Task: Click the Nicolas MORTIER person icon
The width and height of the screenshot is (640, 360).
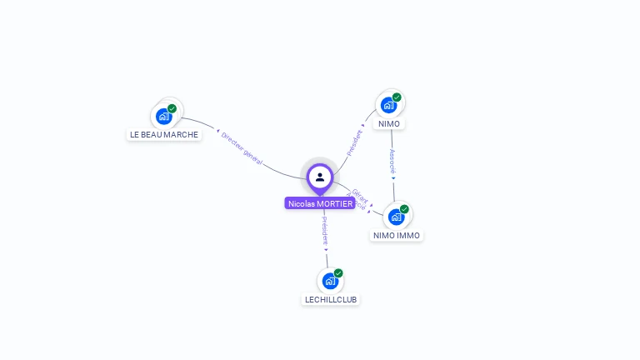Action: coord(320,177)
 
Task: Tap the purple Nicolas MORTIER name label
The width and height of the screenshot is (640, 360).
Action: coord(320,203)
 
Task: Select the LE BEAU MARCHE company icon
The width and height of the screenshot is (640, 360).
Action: coord(164,116)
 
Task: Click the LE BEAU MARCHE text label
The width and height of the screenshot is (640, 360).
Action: coord(164,134)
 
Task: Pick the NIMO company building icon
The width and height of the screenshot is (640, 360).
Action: coord(388,105)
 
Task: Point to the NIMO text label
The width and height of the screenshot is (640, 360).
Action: coord(389,124)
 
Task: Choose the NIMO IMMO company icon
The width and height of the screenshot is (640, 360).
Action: coord(396,217)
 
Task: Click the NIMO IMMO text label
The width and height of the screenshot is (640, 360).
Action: coord(397,235)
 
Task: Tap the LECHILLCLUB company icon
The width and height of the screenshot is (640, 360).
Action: coord(330,281)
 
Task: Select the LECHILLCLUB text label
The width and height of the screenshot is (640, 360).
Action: coord(331,299)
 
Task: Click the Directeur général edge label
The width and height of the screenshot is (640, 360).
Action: coord(242,148)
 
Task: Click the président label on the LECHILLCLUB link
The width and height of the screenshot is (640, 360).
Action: coord(325,231)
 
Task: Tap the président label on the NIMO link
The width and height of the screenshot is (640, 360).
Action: coord(355,141)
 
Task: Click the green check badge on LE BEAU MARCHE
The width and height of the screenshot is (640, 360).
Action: coord(172,108)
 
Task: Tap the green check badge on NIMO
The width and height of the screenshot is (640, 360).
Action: coord(397,97)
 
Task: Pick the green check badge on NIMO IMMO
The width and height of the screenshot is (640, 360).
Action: coord(404,209)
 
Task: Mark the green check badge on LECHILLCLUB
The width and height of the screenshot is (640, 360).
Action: coord(338,273)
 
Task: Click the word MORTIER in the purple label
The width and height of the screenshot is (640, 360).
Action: coord(335,203)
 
